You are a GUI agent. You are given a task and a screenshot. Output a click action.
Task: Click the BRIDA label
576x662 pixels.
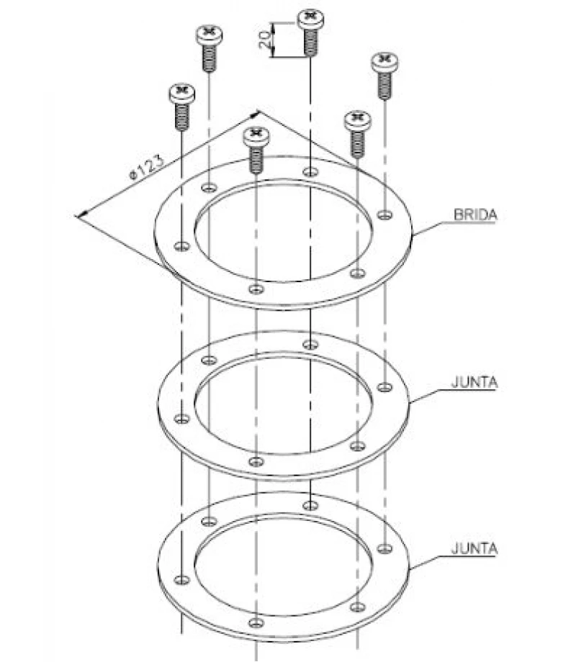[x=475, y=214]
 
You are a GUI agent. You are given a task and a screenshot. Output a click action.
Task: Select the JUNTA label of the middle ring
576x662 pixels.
[x=474, y=382]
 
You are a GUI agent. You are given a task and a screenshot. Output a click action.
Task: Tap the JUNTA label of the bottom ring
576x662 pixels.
[x=474, y=548]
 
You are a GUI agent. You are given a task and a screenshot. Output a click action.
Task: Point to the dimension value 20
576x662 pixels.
[x=265, y=40]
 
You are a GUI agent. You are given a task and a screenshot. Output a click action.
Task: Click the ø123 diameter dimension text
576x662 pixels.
[x=146, y=168]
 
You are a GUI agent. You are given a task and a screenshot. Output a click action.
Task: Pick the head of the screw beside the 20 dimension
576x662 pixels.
[x=311, y=19]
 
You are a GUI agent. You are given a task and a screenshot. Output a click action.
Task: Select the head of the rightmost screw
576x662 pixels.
[x=384, y=62]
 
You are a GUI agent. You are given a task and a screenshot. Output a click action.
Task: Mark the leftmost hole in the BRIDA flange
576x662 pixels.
[x=182, y=245]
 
